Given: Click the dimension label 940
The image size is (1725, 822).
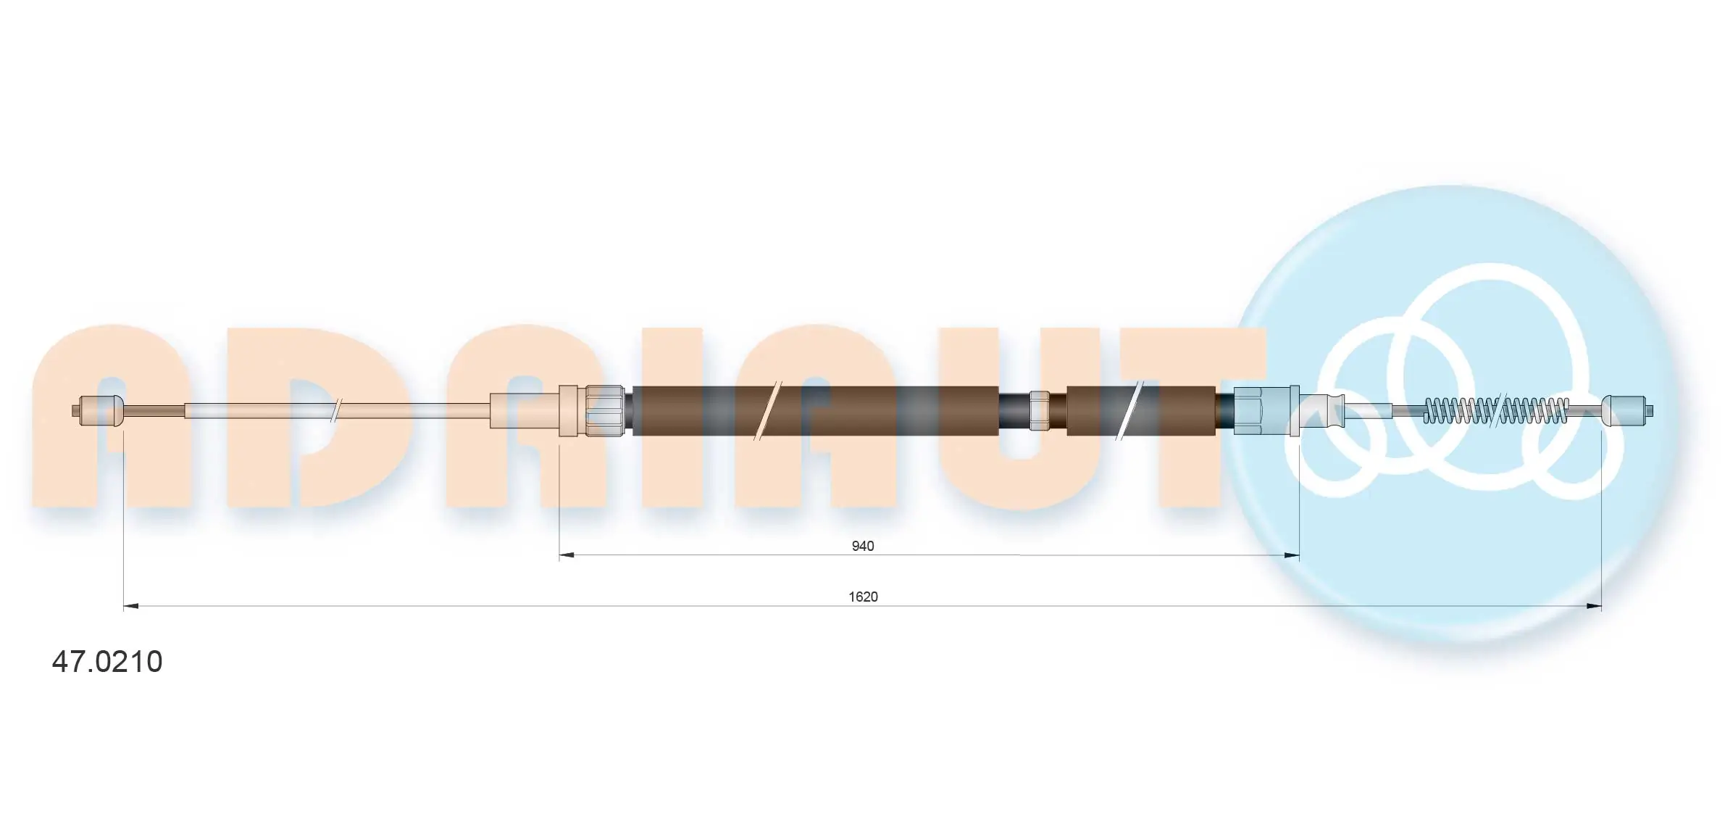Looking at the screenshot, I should pos(862,546).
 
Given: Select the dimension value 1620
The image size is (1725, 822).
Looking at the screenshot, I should pos(863,597).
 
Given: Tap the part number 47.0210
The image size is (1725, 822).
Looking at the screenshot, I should pos(107,662).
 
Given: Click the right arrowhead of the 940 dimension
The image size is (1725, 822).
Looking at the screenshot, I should pos(1291,555).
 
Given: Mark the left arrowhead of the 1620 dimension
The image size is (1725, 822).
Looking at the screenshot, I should pos(131,606).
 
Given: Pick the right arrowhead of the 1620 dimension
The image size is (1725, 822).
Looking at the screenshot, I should pos(1594,606).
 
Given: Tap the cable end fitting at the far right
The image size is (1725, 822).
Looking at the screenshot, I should pos(1626,411).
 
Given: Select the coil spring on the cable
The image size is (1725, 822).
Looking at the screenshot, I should pos(1496,411).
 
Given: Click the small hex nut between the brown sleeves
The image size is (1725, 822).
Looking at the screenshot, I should pos(1039,411).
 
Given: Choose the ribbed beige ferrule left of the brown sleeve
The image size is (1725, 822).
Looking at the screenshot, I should pos(604,411).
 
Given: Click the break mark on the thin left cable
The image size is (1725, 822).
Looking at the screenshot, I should pos(335,411).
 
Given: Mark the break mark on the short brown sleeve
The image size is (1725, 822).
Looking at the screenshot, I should pos(1129,411).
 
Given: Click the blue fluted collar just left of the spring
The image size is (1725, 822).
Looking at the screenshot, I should pos(1322,411).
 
